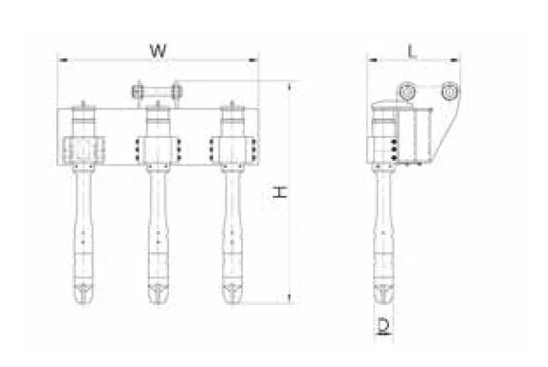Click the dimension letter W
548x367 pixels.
pos(158,50)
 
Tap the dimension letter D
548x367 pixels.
pos(382,324)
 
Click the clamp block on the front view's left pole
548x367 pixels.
pos(82,149)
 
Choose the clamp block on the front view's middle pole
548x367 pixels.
pos(157,149)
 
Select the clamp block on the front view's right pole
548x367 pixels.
pos(231,149)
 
